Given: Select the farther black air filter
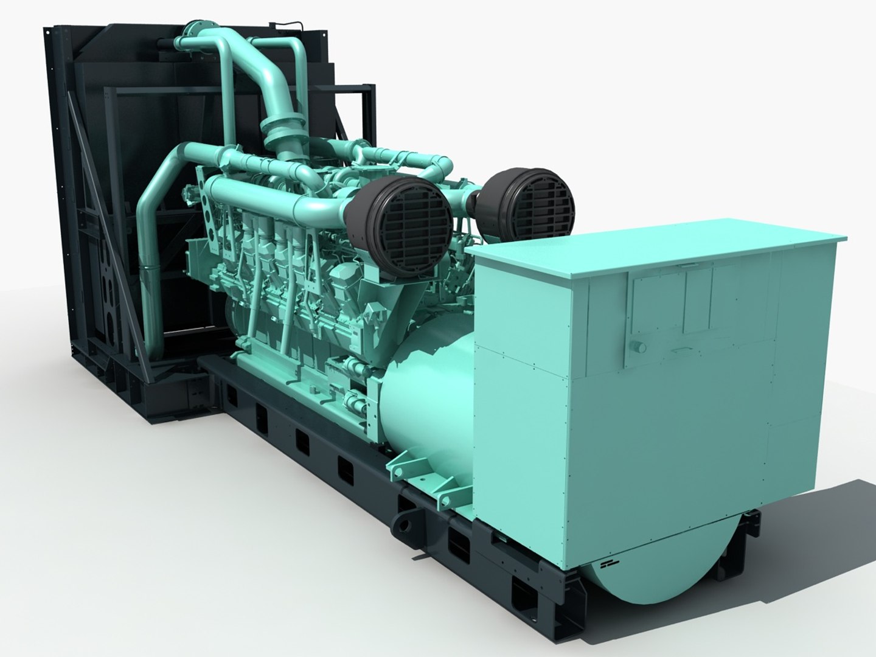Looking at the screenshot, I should (530, 198).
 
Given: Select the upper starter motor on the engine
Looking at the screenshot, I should (350, 367).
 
